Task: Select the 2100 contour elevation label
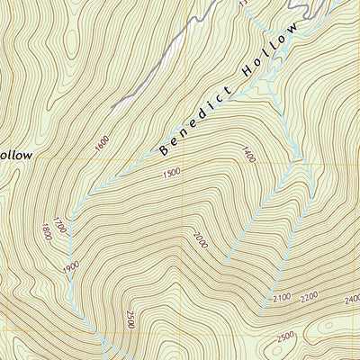pyautogui.click(x=283, y=297)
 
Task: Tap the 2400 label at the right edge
pyautogui.click(x=351, y=298)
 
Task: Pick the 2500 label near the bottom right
pyautogui.click(x=285, y=337)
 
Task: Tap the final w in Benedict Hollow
pyautogui.click(x=292, y=34)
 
